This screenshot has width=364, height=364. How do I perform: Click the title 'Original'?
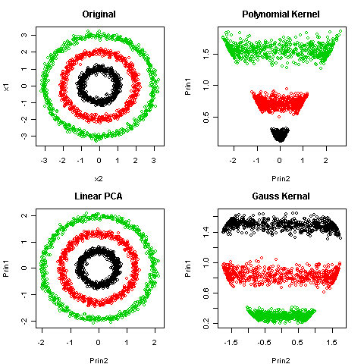[x=99, y=14]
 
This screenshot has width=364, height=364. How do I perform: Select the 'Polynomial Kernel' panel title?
[x=280, y=14]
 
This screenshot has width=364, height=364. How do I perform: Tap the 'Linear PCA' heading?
[x=99, y=196]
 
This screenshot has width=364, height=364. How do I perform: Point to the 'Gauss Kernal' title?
[x=280, y=196]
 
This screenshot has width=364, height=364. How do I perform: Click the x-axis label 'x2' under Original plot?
[x=99, y=178]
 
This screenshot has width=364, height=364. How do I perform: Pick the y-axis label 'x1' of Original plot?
[x=7, y=87]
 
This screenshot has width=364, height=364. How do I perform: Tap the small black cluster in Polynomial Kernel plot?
[x=280, y=135]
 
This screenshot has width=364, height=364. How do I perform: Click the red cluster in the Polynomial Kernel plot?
[x=280, y=102]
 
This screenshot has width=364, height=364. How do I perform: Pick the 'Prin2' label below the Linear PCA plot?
[x=99, y=360]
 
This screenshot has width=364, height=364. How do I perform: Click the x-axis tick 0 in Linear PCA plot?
[x=99, y=342]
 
